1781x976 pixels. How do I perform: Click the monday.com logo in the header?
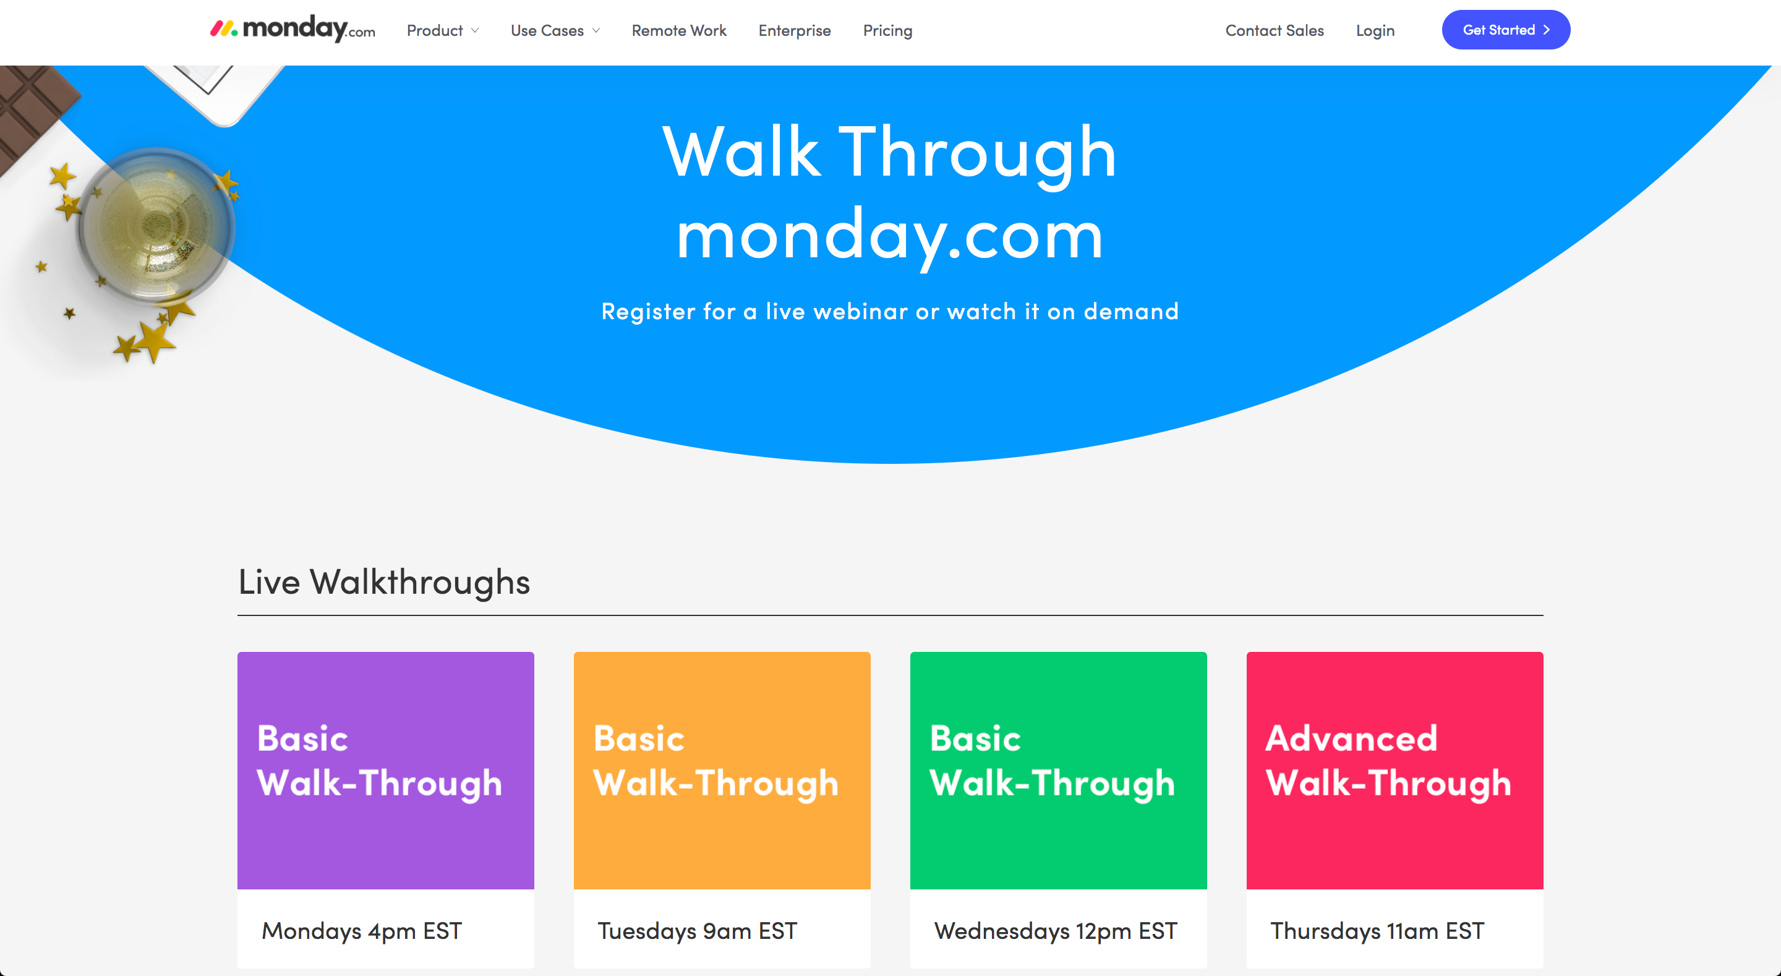293,29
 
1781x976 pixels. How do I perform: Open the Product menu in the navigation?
443,30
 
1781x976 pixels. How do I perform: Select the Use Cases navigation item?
555,30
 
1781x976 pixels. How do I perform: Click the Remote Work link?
679,30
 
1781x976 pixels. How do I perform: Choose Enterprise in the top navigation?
795,30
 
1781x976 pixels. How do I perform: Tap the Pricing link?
888,30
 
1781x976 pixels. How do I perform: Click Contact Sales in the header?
1274,30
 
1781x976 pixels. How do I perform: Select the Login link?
1375,30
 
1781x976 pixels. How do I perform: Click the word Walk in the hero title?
741,152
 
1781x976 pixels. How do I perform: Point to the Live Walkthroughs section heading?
383,582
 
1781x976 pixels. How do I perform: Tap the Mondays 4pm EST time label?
362,931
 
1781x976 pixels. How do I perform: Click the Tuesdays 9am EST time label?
697,931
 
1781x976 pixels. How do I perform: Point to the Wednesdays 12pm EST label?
1055,931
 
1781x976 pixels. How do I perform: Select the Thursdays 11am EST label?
1377,931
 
